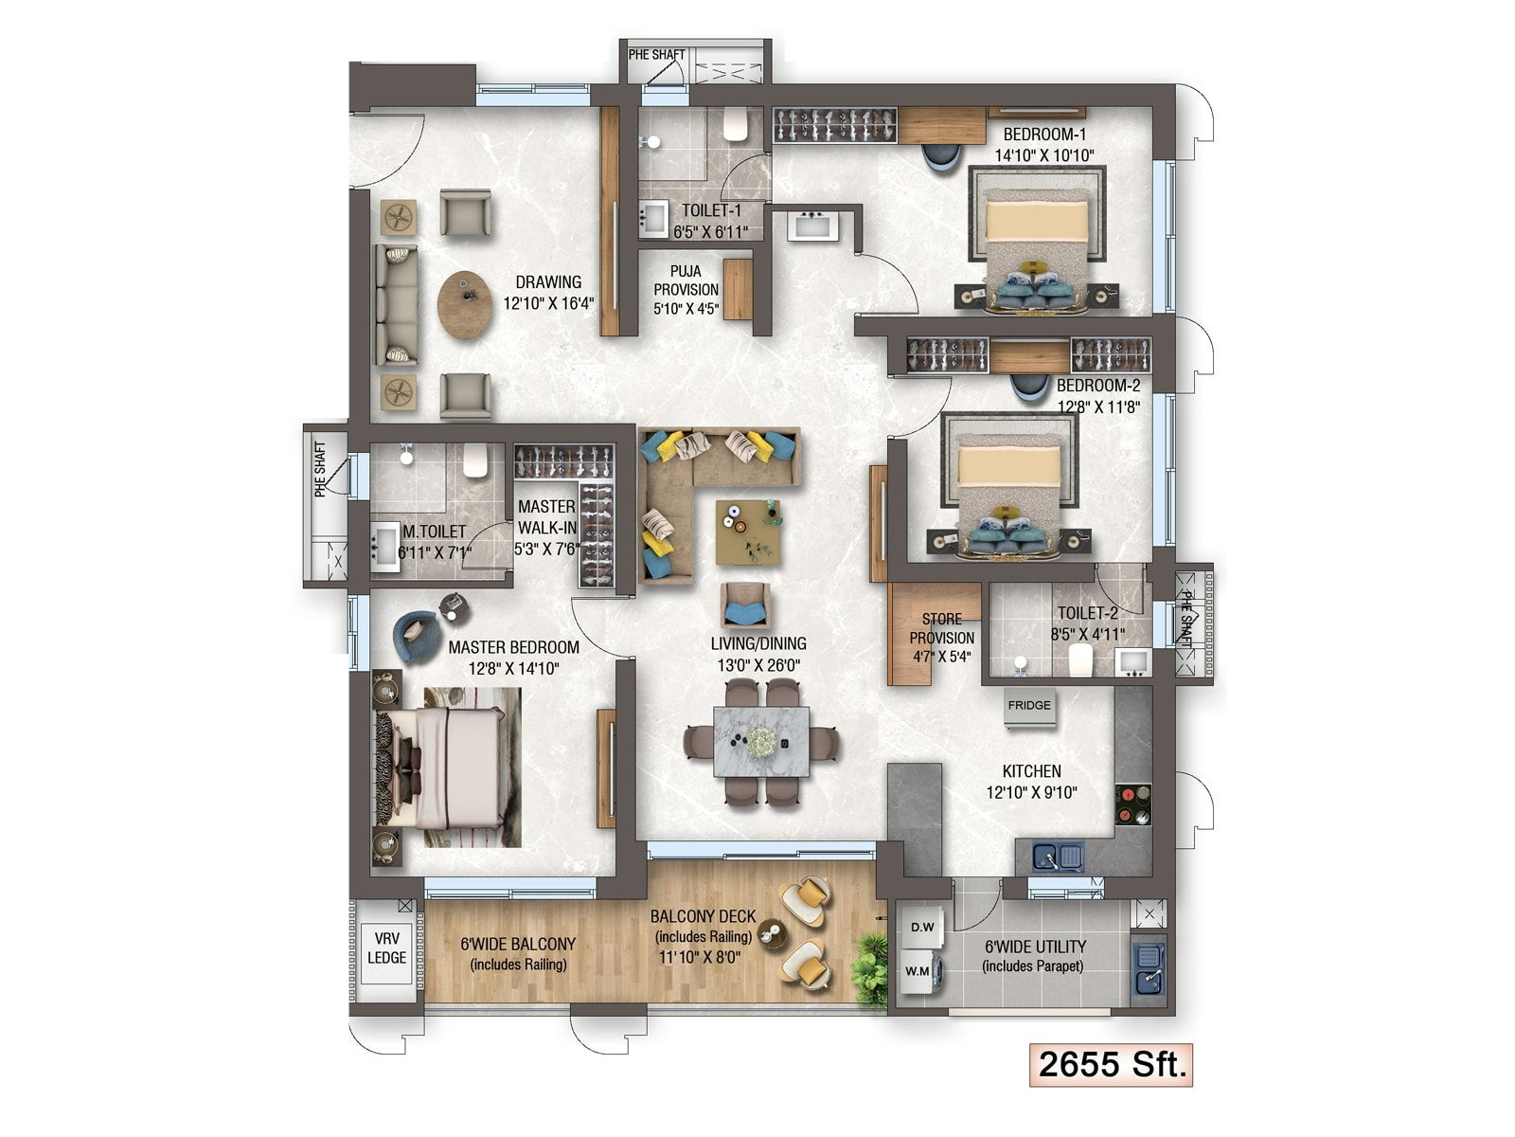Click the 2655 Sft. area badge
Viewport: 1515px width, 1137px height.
point(1112,1064)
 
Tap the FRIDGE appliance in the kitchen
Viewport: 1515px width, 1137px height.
point(1029,708)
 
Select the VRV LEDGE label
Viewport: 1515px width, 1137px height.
point(386,948)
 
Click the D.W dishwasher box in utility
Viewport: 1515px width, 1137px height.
point(921,928)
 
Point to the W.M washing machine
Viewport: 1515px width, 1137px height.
point(918,972)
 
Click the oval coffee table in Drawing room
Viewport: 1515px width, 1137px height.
point(465,305)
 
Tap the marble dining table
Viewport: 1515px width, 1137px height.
point(760,741)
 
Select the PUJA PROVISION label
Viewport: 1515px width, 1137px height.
point(686,290)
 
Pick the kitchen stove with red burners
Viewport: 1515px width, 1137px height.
point(1132,804)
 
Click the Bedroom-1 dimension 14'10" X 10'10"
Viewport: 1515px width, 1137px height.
point(1044,155)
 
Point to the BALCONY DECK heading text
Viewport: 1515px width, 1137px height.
point(703,916)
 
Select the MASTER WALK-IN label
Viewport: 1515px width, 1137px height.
point(546,517)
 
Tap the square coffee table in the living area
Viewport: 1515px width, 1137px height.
point(749,532)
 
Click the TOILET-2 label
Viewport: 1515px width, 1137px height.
point(1087,613)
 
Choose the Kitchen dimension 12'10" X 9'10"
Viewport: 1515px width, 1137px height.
point(1031,793)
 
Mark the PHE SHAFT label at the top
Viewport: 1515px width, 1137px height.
point(656,55)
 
